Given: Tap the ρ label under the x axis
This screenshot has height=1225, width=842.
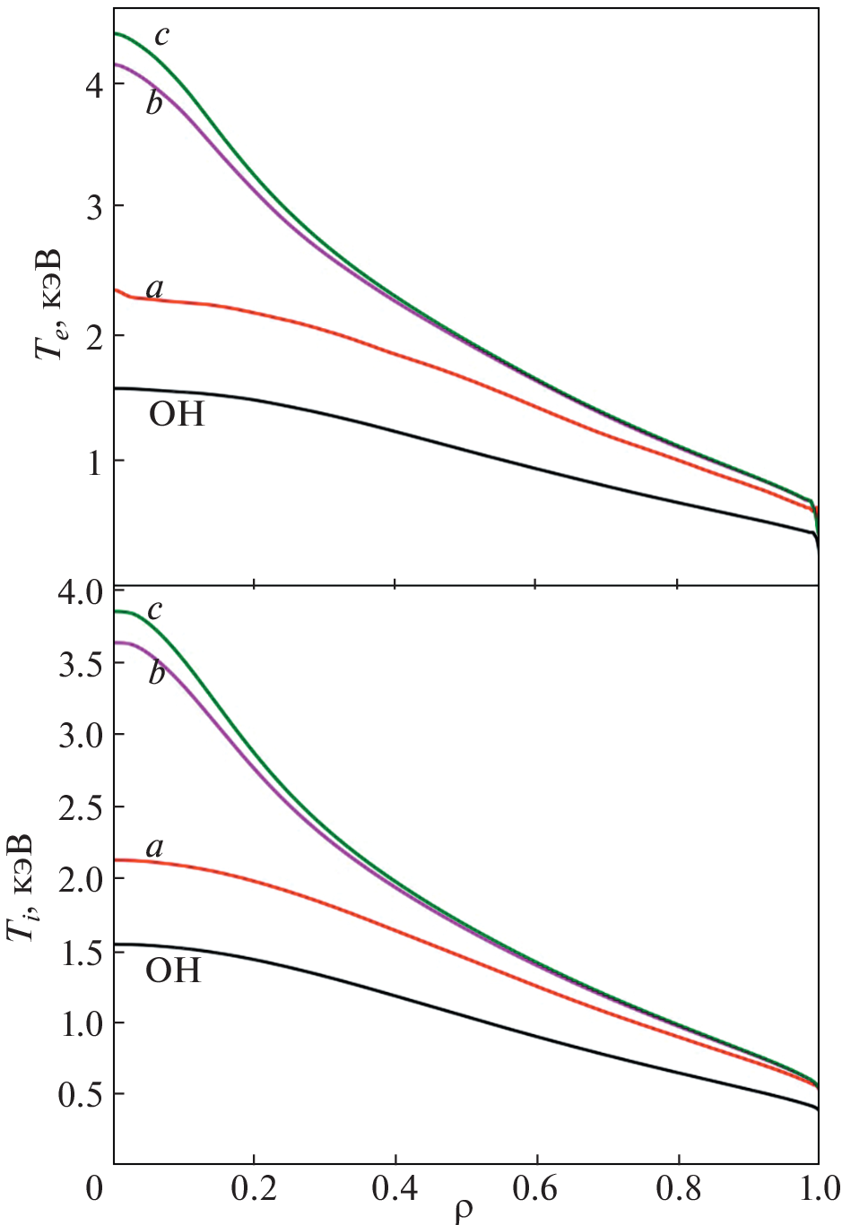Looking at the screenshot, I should tap(463, 1210).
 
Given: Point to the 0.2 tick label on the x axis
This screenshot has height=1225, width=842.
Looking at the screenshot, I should tap(254, 1192).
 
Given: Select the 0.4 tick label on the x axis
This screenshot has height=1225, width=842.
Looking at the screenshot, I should tap(395, 1192).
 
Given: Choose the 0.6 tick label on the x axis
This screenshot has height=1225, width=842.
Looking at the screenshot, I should tap(535, 1192).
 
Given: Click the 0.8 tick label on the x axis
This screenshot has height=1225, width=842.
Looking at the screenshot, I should tap(677, 1192).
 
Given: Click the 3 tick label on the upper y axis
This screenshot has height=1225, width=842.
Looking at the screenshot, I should tap(91, 207).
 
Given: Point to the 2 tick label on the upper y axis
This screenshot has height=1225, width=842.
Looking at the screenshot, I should tap(91, 335).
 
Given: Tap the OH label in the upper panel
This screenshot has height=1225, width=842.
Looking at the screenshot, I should tap(176, 414).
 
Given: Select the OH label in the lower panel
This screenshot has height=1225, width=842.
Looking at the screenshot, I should tap(173, 970).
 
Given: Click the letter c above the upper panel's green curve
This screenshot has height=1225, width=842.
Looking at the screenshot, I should tap(161, 36).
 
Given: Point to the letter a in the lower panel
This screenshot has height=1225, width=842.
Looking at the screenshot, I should tap(154, 847).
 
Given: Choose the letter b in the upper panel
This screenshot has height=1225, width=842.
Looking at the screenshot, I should tap(154, 104).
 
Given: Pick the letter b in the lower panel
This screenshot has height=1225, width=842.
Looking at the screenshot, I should tap(157, 672).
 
